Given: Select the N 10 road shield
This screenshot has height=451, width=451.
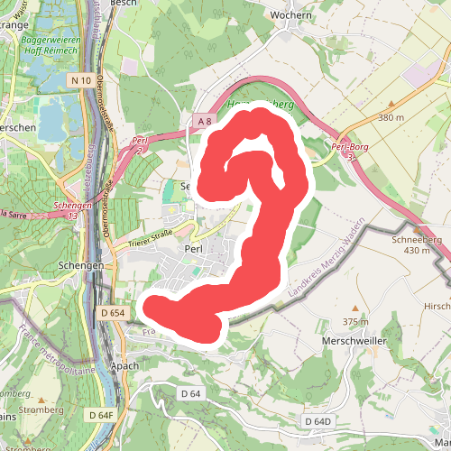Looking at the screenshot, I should point(79,80).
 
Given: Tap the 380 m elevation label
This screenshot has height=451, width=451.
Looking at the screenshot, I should point(391,118).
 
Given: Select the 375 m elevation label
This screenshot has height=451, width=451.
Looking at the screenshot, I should point(356,322).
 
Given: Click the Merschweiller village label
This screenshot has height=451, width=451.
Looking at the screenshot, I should point(353,342).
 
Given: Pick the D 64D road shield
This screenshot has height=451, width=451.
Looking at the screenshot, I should point(318,421).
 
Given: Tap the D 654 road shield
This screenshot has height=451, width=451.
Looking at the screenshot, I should point(111,313).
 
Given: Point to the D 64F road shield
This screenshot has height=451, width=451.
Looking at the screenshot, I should point(102,415).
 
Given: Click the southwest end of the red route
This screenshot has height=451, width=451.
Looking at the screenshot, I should point(155,308).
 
